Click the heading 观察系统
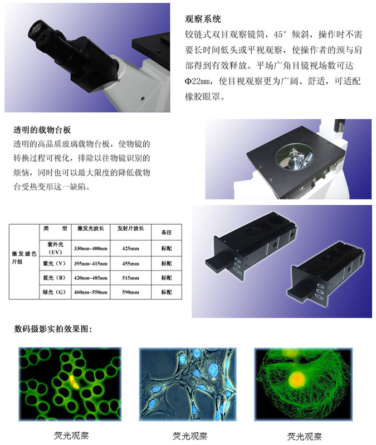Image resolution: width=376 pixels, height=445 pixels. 203,19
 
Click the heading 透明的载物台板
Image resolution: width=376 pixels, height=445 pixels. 42,130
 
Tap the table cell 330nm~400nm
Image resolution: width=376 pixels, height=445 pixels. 90,249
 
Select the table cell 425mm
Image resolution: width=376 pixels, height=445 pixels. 130,249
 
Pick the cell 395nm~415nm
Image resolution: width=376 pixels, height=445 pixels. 90,264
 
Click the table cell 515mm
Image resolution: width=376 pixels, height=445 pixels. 130,278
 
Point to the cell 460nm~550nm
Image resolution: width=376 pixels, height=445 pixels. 90,292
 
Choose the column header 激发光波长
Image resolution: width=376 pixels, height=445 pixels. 91,229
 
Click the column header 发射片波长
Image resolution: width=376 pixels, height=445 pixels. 131,229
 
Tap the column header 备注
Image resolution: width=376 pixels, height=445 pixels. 167,233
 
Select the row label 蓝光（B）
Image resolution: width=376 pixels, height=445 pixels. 54,278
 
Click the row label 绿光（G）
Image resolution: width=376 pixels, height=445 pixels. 54,292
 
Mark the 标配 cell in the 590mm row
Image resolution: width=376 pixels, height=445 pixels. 167,292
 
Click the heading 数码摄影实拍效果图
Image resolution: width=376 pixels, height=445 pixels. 53,329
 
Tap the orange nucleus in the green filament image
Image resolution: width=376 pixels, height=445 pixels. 297,379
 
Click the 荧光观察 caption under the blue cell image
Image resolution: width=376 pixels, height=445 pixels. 190,436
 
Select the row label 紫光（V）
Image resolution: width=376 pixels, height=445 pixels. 54,264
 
